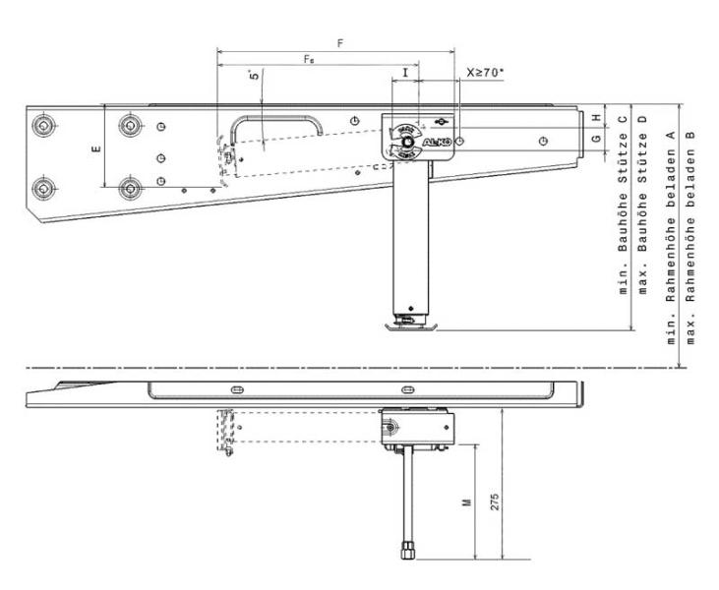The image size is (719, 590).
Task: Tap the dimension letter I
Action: [405, 73]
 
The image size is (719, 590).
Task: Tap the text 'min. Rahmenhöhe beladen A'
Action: [671, 236]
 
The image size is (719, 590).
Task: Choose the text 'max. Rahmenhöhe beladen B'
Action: [690, 236]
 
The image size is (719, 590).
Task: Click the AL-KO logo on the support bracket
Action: [436, 143]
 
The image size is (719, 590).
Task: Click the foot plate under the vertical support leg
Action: [407, 324]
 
